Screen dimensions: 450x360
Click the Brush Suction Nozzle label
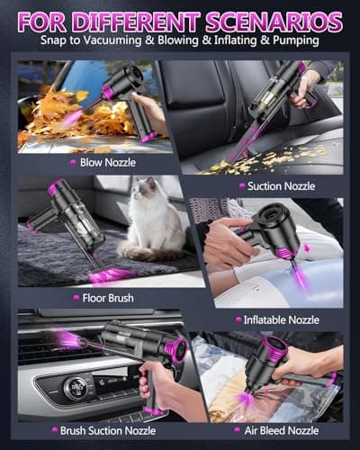click(99, 430)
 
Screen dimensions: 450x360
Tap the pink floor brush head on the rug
click(112, 274)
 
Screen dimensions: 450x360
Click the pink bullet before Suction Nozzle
click(239, 185)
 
